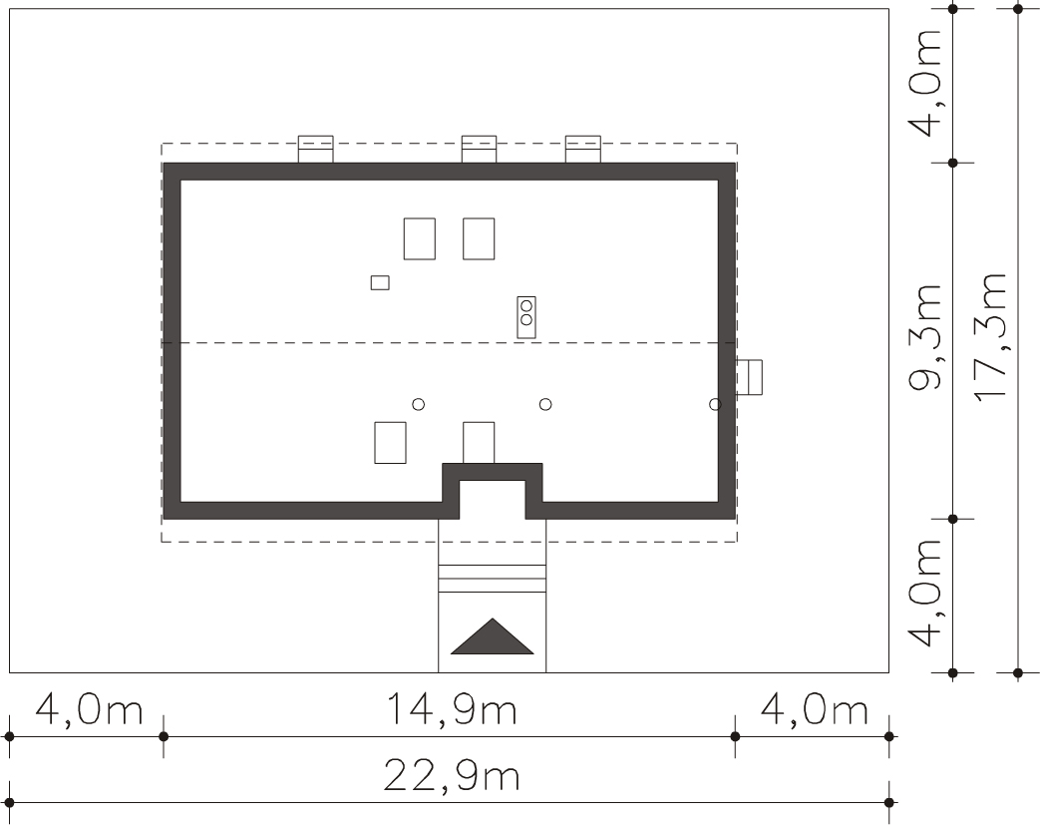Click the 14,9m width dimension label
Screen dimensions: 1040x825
[x=452, y=709]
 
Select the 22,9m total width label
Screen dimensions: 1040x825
[x=452, y=775]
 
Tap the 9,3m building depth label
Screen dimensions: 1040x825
[x=926, y=336]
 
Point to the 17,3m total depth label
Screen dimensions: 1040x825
[x=991, y=336]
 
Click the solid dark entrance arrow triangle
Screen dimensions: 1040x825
[x=493, y=636]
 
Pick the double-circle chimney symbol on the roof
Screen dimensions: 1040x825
[x=526, y=317]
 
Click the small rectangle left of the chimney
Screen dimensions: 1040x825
[x=380, y=282]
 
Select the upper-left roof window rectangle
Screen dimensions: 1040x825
[x=420, y=238]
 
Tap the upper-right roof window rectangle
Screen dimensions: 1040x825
[x=479, y=238]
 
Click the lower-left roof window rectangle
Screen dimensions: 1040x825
[x=390, y=443]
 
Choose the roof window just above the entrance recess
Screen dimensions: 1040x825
[x=479, y=443]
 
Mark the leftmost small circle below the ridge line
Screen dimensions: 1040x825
[x=419, y=404]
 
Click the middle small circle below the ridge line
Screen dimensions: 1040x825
[x=545, y=404]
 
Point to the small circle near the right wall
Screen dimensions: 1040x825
[x=715, y=404]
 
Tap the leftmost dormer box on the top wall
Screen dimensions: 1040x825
[x=316, y=150]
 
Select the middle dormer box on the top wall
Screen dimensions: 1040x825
[x=479, y=150]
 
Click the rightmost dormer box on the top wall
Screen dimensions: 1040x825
[x=583, y=150]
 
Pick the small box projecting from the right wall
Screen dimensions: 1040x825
[x=749, y=377]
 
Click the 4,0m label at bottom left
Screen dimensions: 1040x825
[x=89, y=709]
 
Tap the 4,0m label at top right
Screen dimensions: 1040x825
[x=926, y=83]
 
